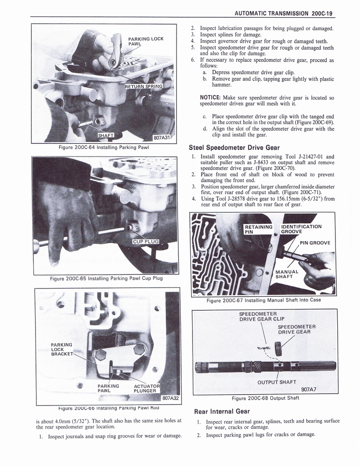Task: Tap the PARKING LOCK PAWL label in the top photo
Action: coord(146,41)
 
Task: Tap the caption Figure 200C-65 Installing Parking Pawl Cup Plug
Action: coord(106,279)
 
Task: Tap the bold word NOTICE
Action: coord(210,97)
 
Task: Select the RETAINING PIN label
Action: coord(258,229)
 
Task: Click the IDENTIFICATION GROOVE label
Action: coord(301,229)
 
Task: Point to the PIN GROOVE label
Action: coord(314,243)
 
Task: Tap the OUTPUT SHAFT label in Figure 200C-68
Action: coord(277,382)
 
